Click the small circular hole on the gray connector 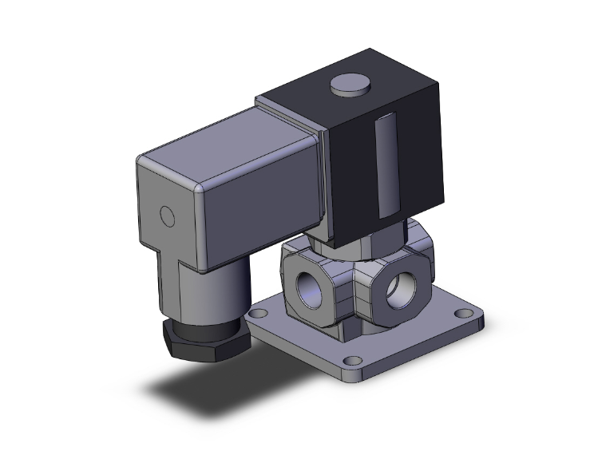[x=167, y=216]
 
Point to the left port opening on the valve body [x=307, y=289]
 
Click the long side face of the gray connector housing [x=255, y=208]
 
